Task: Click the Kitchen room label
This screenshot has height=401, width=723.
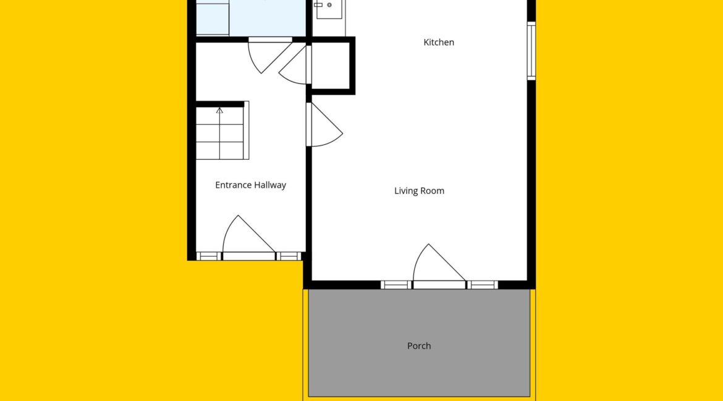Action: (439, 43)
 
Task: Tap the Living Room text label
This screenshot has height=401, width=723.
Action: (419, 191)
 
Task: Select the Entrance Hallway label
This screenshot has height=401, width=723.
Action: (250, 185)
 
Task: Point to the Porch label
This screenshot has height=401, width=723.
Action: (419, 345)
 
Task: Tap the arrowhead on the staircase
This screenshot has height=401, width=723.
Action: (219, 110)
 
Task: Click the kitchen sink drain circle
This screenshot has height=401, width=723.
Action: (329, 5)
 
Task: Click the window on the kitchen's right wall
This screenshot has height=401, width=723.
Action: (531, 51)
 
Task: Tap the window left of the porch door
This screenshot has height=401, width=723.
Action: (395, 285)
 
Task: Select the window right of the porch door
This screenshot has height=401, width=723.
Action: (482, 285)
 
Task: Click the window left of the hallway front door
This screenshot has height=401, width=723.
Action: (208, 257)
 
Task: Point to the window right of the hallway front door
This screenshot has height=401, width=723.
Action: (289, 257)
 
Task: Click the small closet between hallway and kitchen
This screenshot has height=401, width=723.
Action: (331, 66)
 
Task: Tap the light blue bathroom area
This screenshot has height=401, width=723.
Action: (251, 17)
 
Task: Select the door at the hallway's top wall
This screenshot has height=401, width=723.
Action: (270, 56)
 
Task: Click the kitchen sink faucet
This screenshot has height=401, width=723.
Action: (318, 4)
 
